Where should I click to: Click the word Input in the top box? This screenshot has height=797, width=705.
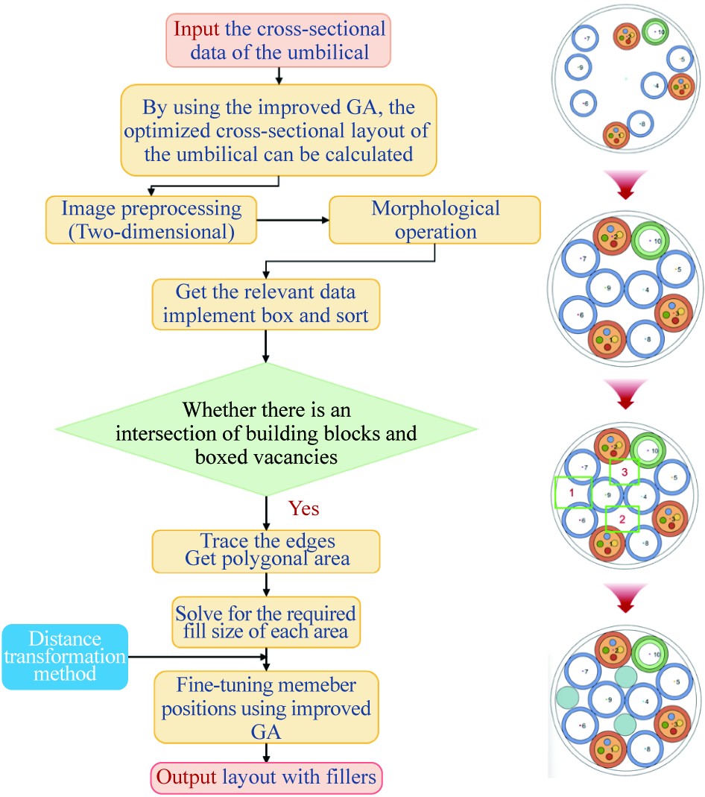(x=197, y=31)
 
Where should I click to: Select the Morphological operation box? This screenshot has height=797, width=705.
(x=435, y=220)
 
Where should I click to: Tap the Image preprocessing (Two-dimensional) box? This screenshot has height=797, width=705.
(x=151, y=220)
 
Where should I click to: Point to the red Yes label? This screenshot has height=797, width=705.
(x=303, y=508)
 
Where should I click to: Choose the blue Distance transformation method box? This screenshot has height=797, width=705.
(x=65, y=656)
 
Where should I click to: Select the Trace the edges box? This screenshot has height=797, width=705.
(x=266, y=549)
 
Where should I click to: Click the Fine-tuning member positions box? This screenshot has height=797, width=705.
(x=266, y=705)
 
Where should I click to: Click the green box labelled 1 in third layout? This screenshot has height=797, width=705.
(x=572, y=493)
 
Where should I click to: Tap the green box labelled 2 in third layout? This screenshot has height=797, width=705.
(x=623, y=519)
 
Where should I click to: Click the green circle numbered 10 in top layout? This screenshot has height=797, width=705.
(x=656, y=33)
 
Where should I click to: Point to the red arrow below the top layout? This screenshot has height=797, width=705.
(x=625, y=186)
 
